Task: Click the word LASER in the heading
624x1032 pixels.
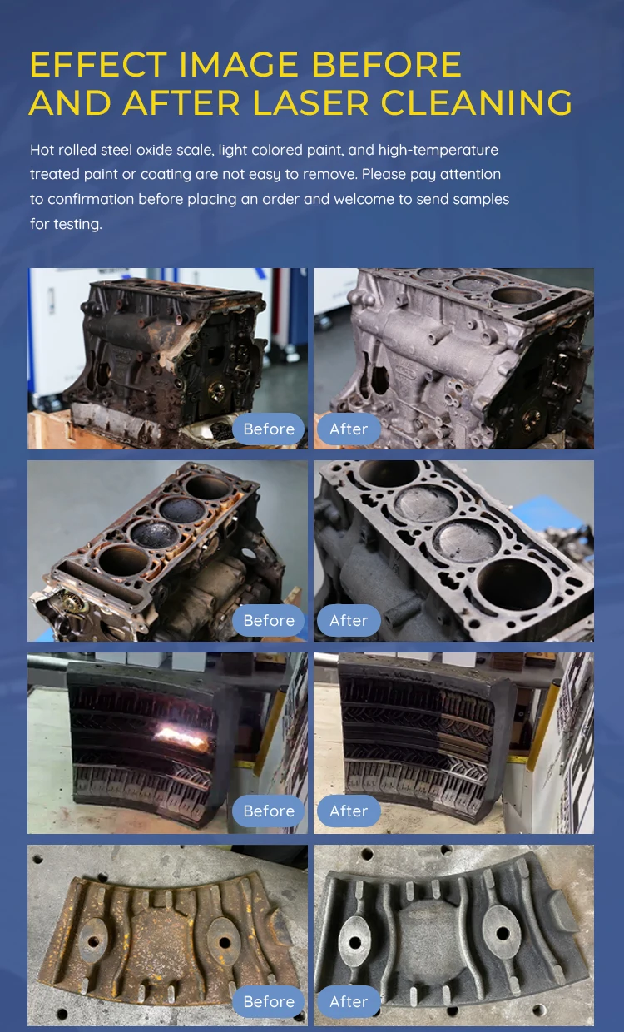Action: click(x=310, y=102)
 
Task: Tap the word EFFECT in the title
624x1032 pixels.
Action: click(x=98, y=64)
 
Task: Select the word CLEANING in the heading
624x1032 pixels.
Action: click(x=476, y=102)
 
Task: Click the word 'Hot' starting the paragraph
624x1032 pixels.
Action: click(x=42, y=150)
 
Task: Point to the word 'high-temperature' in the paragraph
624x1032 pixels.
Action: click(x=438, y=150)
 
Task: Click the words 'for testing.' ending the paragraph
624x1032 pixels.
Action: click(x=66, y=225)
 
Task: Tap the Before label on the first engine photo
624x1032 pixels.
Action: click(x=269, y=429)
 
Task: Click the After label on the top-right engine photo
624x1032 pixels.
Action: click(x=349, y=429)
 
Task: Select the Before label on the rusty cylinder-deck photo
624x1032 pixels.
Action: click(x=269, y=620)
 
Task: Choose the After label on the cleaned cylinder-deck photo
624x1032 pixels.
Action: click(x=349, y=620)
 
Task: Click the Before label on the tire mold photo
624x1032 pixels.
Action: click(x=269, y=811)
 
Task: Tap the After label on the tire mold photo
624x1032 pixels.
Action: click(x=349, y=811)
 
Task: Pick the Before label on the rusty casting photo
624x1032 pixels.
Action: click(x=269, y=1001)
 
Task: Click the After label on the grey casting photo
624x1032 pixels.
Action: click(x=349, y=1001)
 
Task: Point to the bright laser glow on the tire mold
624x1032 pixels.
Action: click(x=182, y=736)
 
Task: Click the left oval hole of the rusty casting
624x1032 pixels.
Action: click(x=93, y=942)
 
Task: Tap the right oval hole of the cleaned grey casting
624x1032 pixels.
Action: click(x=503, y=934)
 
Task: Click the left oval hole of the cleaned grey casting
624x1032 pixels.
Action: click(x=355, y=943)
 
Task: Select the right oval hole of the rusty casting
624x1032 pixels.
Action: click(x=225, y=943)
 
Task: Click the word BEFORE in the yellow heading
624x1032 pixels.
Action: click(x=387, y=64)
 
